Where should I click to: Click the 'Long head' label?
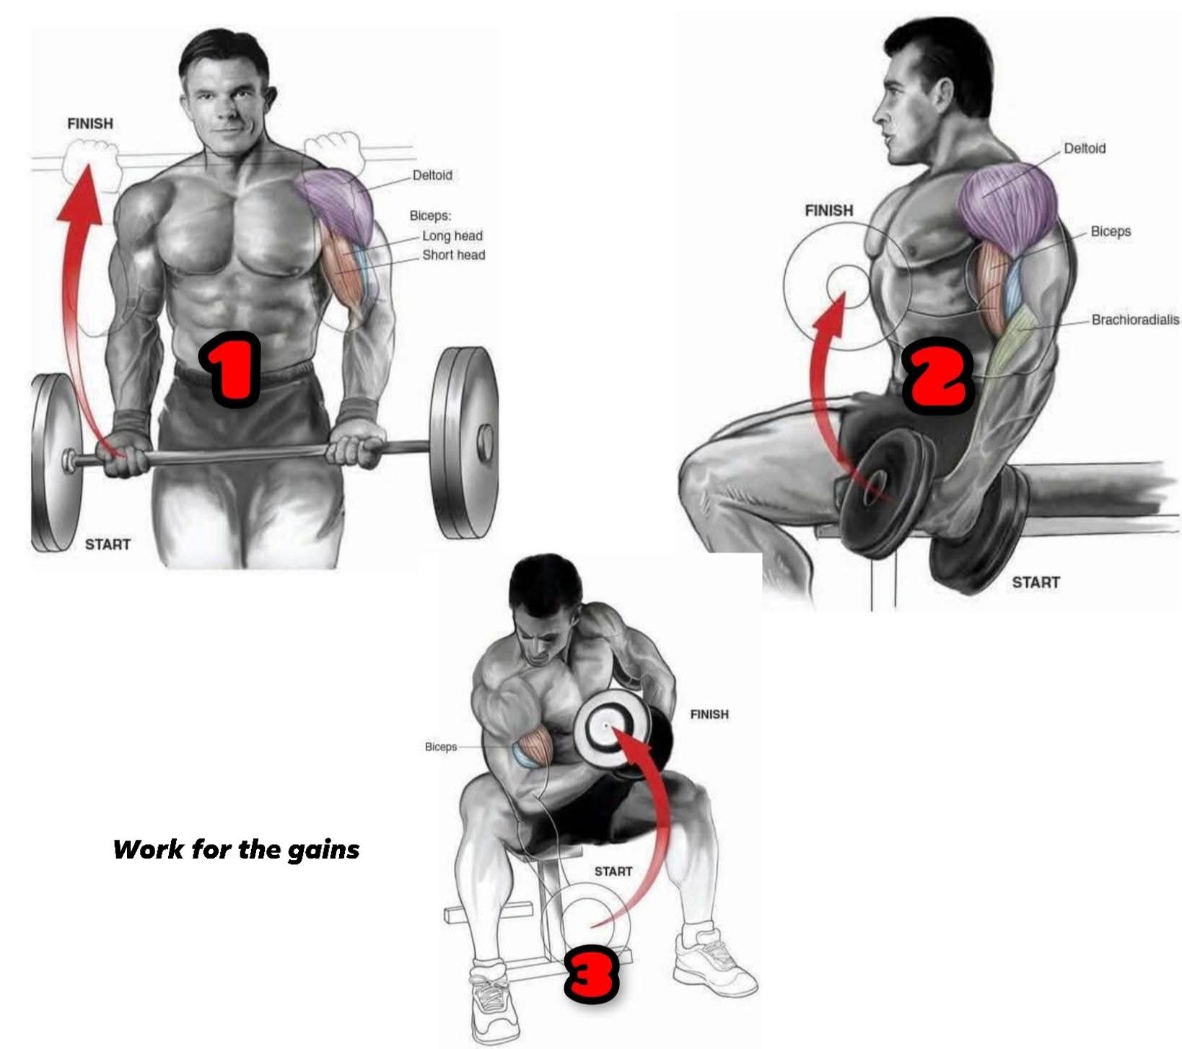click(452, 236)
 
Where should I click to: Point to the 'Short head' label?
click(454, 255)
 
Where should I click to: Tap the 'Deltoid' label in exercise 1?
click(432, 175)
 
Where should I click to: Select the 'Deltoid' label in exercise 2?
click(1085, 148)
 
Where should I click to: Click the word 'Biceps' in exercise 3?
click(441, 747)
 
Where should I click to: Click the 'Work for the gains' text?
click(236, 849)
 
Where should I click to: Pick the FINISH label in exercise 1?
click(90, 123)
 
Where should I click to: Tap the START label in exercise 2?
click(1036, 582)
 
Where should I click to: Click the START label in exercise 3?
click(613, 872)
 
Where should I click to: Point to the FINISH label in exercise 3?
click(709, 714)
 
